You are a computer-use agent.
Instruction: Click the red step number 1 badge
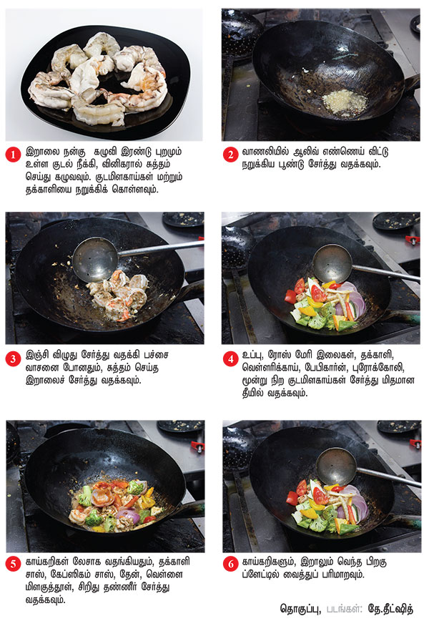tap(13, 155)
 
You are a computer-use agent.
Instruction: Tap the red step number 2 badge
tap(230, 155)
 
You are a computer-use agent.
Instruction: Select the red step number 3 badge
tap(13, 358)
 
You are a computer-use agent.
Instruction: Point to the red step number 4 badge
tap(230, 358)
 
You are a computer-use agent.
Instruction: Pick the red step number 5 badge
tap(13, 564)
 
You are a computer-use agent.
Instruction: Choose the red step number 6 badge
tap(230, 564)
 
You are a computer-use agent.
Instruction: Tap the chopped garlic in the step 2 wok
tap(345, 102)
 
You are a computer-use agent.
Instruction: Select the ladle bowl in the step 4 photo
tap(332, 263)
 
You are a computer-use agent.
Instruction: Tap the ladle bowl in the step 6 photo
tap(337, 466)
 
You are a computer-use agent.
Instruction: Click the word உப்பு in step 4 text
tap(252, 355)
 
